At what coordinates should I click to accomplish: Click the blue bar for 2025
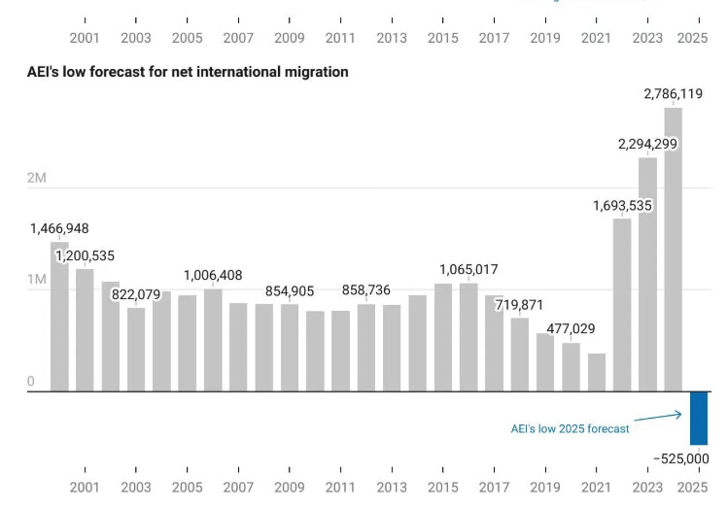point(698,418)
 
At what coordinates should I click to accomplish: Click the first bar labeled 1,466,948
point(59,316)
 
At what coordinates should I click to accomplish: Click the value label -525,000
point(680,458)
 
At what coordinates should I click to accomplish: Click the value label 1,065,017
point(469,269)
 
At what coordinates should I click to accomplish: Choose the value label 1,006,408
point(213,275)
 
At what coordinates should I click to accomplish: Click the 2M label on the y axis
point(37,178)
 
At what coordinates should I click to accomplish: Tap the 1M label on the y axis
point(37,280)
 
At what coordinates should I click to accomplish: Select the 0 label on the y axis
point(31,382)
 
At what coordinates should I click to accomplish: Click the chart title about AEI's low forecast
point(188,73)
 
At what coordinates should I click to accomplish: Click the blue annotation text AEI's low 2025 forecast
point(571,428)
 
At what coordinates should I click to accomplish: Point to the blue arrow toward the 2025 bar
point(658,417)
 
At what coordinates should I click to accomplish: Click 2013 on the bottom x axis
point(391,487)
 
